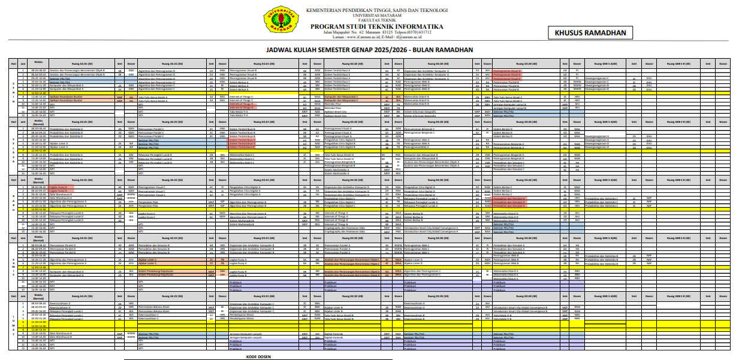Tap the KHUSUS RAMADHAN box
pos(590,34)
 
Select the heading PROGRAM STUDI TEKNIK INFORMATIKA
pos(377,27)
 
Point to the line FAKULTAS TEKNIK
pos(377,20)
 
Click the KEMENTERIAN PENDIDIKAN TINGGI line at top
pos(377,10)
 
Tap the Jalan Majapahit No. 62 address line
pos(377,32)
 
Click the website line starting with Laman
pos(377,37)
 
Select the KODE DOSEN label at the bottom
pos(258,356)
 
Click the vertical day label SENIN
pos(14,93)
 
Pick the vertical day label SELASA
pos(14,150)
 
